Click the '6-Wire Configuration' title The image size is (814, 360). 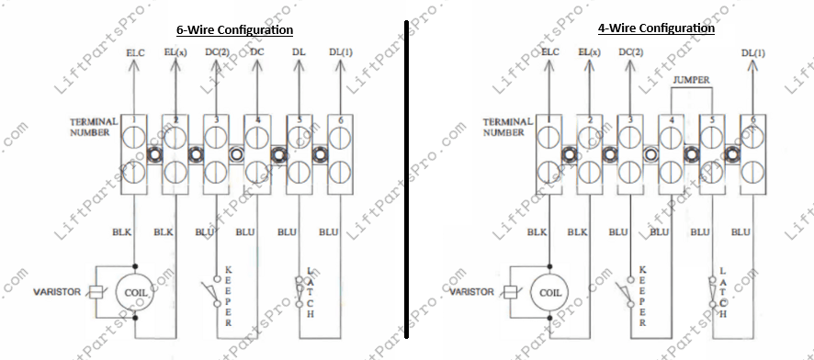[x=235, y=29]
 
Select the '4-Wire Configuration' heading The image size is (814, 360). [x=655, y=28]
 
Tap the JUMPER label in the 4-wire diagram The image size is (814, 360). [x=690, y=81]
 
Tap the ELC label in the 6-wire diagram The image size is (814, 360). [x=134, y=52]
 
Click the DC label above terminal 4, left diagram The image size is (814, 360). [x=257, y=52]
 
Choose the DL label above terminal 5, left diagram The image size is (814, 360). [x=300, y=52]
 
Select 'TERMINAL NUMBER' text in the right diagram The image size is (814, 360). [x=508, y=127]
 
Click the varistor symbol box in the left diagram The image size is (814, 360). [x=95, y=293]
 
